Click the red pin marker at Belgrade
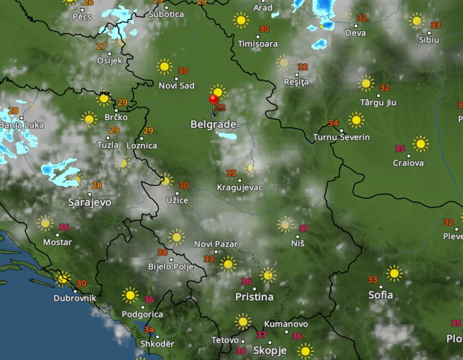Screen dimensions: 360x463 [x=213, y=100]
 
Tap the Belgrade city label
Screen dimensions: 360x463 [x=213, y=124]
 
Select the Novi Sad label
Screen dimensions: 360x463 [x=176, y=86]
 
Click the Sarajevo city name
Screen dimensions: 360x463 [x=90, y=202]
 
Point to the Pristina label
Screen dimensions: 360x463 [x=254, y=297]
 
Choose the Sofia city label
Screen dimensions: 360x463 [x=380, y=295]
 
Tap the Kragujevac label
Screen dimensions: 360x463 [x=240, y=188]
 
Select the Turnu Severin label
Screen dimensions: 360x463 [x=342, y=137]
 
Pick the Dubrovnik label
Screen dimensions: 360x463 [x=74, y=298]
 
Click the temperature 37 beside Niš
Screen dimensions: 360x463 [x=304, y=229]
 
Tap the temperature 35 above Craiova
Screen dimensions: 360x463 [x=400, y=149]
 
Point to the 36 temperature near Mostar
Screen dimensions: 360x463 [x=64, y=227]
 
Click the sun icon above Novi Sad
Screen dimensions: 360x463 [x=164, y=66]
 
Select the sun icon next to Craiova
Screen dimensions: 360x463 [x=420, y=144]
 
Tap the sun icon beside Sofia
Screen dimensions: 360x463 [x=394, y=273]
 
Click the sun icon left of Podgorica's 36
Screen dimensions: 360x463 [x=130, y=295]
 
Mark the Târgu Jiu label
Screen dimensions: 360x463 [x=378, y=102]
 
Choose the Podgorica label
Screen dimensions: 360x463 [x=142, y=314]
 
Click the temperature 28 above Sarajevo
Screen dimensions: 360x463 [x=97, y=186]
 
